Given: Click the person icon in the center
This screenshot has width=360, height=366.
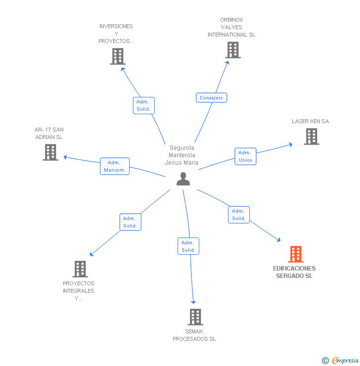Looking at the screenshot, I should pyautogui.click(x=183, y=179).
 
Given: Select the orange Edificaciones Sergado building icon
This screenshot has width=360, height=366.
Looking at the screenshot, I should pyautogui.click(x=296, y=254).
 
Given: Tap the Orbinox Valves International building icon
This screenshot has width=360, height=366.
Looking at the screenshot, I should pyautogui.click(x=233, y=50).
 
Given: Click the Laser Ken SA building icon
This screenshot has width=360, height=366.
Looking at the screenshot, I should pyautogui.click(x=312, y=137).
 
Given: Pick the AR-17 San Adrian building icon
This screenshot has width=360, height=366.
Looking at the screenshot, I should pyautogui.click(x=50, y=152).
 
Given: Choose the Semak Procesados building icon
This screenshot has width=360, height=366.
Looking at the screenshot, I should pyautogui.click(x=195, y=317).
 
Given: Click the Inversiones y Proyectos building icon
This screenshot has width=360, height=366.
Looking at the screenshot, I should pyautogui.click(x=117, y=56).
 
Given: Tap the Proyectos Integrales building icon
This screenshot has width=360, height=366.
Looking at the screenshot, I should pyautogui.click(x=80, y=269).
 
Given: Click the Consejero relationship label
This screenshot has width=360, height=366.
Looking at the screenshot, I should pyautogui.click(x=212, y=98).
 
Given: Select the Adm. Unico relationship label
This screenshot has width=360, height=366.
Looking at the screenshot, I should pyautogui.click(x=245, y=156).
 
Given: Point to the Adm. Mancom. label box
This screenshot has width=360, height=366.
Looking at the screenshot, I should pyautogui.click(x=115, y=166).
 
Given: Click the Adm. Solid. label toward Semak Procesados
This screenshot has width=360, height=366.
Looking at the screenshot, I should pyautogui.click(x=188, y=246).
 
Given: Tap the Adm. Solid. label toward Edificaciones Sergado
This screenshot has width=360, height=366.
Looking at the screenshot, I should pyautogui.click(x=239, y=215).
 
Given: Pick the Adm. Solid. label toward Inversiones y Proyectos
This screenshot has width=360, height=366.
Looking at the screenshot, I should pyautogui.click(x=144, y=105).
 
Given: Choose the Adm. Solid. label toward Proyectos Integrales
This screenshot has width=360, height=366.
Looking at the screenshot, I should pyautogui.click(x=131, y=222).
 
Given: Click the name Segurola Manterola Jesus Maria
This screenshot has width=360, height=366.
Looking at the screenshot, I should pyautogui.click(x=181, y=155).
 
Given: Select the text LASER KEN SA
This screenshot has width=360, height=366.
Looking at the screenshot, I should pyautogui.click(x=310, y=121).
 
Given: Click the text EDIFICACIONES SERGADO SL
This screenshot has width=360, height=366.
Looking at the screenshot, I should pyautogui.click(x=294, y=272).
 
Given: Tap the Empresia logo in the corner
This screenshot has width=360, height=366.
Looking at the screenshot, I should pyautogui.click(x=341, y=360).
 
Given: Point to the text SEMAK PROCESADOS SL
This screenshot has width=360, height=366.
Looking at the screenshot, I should pyautogui.click(x=194, y=335).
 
